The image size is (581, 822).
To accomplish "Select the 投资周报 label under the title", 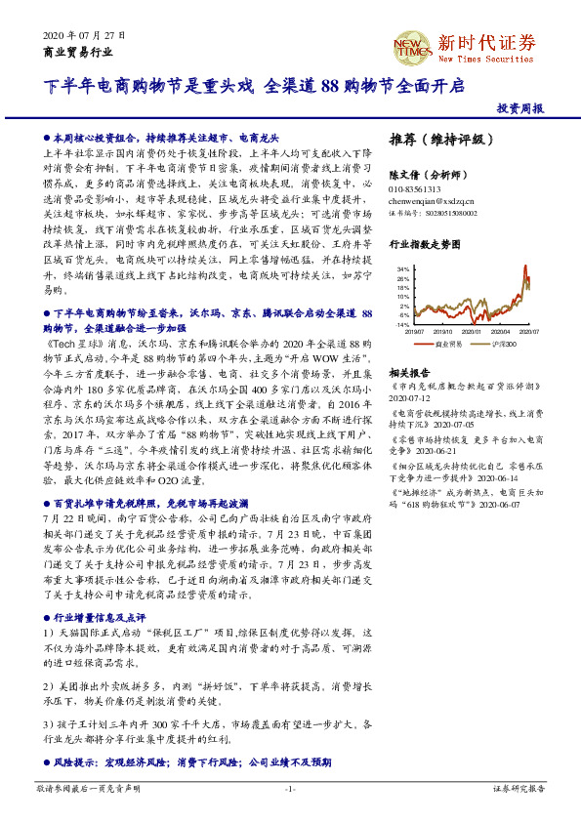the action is point(519,108).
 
